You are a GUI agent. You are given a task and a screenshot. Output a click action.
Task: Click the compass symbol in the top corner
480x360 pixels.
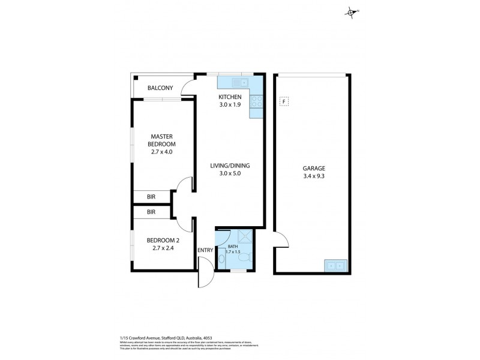(352, 11)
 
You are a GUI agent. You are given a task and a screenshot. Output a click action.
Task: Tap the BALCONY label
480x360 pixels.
(160, 88)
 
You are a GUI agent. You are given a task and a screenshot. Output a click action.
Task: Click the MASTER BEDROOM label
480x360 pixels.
(163, 140)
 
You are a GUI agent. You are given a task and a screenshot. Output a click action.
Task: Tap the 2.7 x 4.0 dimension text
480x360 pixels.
(163, 152)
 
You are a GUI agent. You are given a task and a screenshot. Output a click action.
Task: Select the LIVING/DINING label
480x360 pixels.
(230, 166)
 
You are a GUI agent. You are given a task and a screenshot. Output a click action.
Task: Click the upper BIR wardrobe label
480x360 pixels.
(152, 196)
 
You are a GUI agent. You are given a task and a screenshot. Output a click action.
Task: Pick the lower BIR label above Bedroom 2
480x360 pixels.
(152, 212)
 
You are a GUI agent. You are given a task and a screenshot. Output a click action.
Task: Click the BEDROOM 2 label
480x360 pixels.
(163, 241)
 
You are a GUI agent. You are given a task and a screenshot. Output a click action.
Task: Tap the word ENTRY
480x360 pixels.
(205, 250)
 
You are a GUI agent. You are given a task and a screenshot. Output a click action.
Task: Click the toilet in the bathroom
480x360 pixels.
(222, 259)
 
